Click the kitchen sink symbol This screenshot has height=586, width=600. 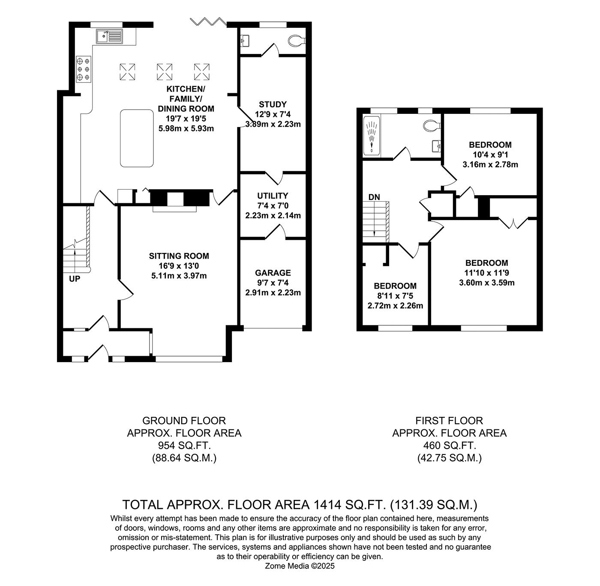(x=109, y=36)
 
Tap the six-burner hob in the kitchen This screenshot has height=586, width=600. (x=83, y=69)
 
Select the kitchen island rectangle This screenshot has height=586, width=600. (x=137, y=138)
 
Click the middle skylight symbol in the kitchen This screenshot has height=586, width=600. (x=164, y=71)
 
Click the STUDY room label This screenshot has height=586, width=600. (x=273, y=104)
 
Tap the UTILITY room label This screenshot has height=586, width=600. (x=273, y=196)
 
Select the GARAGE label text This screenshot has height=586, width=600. (x=273, y=273)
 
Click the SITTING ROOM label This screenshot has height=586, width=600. (x=179, y=256)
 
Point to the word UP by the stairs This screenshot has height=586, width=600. (x=75, y=279)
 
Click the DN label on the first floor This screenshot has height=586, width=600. (x=374, y=197)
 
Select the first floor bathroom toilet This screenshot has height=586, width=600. (x=431, y=125)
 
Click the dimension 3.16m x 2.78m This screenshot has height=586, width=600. (x=490, y=164)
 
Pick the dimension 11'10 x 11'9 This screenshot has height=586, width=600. (x=487, y=273)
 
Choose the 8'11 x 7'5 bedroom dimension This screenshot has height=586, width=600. (x=395, y=296)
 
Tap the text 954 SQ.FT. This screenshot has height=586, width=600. (x=184, y=446)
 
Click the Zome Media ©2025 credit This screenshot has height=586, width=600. (x=300, y=566)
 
